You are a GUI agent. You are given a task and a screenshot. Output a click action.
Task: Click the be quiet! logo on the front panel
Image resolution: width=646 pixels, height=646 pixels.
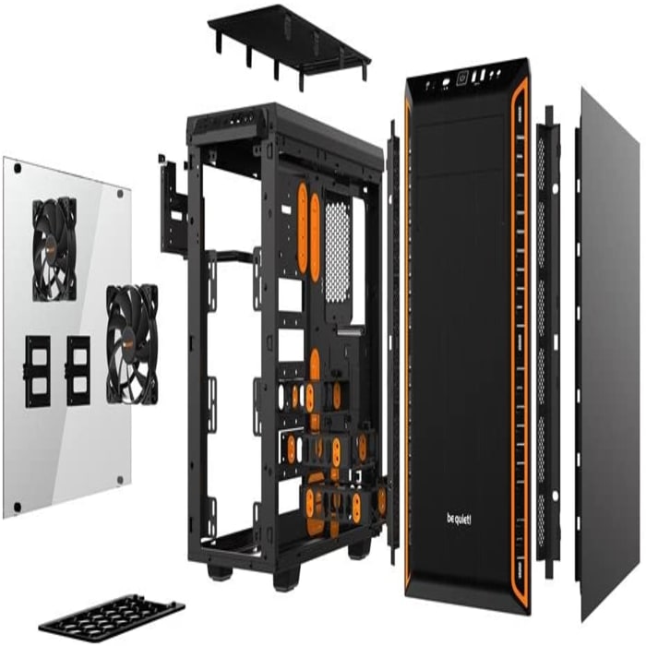[x=459, y=519]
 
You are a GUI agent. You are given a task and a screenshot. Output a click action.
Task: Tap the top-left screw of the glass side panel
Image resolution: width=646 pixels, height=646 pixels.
[x=18, y=168]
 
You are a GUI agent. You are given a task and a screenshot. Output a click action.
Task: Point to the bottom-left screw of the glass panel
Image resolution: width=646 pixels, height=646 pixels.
[x=18, y=507]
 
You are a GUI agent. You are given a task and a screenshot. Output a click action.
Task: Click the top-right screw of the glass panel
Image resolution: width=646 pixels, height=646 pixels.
[x=120, y=194]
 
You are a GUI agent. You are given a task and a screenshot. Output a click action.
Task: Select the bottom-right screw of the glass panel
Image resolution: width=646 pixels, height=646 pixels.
[x=120, y=480]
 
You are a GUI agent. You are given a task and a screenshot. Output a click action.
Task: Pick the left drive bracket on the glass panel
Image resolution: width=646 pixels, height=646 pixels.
[x=37, y=371]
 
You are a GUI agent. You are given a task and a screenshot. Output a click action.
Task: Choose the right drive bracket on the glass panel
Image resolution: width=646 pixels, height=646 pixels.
[x=78, y=370]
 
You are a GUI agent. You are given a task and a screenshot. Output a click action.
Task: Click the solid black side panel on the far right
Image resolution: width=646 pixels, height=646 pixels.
[x=611, y=354]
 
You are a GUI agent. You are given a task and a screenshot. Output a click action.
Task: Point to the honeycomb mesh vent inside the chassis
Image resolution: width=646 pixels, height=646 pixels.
[x=338, y=251]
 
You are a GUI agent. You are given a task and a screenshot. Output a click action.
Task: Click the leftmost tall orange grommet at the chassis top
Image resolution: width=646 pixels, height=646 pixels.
[x=303, y=229]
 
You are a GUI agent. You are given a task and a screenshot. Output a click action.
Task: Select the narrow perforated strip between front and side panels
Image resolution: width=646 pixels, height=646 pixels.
[x=548, y=342]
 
